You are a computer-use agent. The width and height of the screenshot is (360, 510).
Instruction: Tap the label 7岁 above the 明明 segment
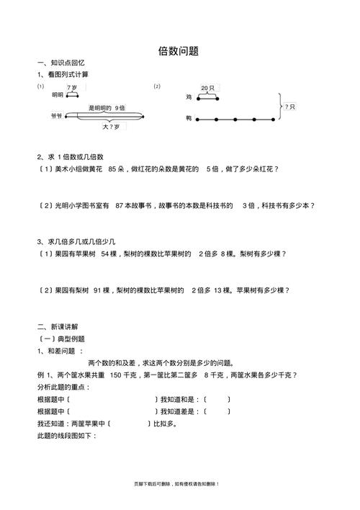pyautogui.click(x=72, y=87)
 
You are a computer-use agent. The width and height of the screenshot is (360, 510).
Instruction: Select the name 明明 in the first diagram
pyautogui.click(x=57, y=94)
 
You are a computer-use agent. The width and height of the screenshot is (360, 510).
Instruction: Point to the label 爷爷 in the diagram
pyautogui.click(x=56, y=115)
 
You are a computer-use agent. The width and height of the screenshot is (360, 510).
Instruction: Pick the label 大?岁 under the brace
pyautogui.click(x=111, y=126)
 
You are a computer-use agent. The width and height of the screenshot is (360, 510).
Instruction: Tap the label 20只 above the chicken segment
pyautogui.click(x=207, y=87)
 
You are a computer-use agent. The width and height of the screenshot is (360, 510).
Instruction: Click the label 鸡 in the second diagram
pyautogui.click(x=188, y=97)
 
